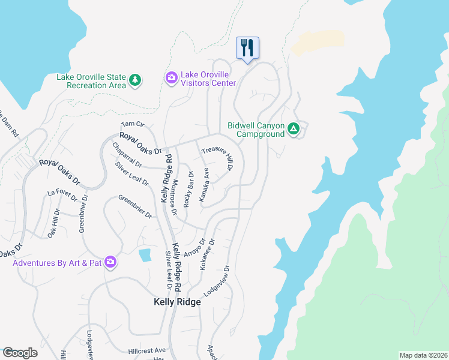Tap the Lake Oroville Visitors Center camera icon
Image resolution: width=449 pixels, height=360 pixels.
tap(171, 77)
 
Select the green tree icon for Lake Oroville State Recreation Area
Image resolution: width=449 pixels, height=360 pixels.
tap(136, 80)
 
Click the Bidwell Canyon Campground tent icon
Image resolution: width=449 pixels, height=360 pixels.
tap(294, 128)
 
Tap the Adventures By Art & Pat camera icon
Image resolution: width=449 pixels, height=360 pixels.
tap(110, 262)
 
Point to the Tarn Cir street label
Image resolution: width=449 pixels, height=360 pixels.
tap(133, 124)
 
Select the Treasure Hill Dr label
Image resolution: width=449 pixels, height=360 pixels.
tap(217, 158)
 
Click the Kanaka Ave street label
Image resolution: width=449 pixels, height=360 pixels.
tap(204, 184)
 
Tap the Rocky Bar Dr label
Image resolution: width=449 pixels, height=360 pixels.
tap(188, 190)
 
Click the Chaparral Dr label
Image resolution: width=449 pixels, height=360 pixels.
tap(127, 155)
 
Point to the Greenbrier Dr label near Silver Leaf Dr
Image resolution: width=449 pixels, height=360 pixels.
tap(135, 206)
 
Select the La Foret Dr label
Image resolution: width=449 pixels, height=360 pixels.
tap(62, 194)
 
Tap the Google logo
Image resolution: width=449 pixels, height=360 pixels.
tap(20, 353)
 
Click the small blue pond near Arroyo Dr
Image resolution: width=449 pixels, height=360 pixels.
tap(145, 255)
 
